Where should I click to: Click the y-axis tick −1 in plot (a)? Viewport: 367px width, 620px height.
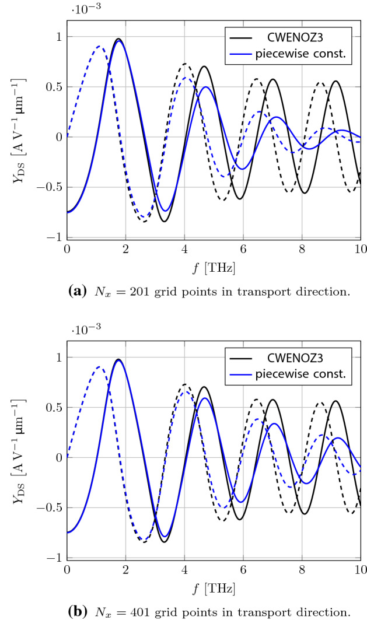pos(53,238)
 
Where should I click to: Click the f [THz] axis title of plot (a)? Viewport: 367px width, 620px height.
pos(214,267)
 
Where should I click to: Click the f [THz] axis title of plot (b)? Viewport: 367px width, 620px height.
pos(214,588)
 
